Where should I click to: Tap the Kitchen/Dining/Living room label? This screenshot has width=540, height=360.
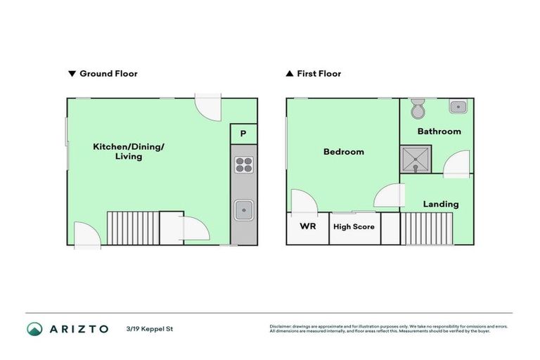[x=128, y=151]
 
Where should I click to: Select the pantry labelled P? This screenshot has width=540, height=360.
[x=243, y=134]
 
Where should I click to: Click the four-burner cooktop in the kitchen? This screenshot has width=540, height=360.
[x=243, y=165]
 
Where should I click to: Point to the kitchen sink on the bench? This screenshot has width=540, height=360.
[x=243, y=209]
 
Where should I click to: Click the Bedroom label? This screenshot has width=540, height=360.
[x=343, y=152]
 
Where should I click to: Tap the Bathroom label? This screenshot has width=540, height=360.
[x=439, y=131]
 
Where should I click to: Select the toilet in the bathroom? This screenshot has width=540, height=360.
[x=418, y=110]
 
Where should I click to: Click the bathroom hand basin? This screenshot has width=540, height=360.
[x=458, y=107]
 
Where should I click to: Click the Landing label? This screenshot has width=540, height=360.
[x=441, y=205]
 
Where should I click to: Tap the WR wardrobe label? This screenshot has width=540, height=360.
[x=307, y=226]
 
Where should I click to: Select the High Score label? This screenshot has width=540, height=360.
[x=354, y=226]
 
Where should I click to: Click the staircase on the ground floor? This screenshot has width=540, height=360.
[x=132, y=228]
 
